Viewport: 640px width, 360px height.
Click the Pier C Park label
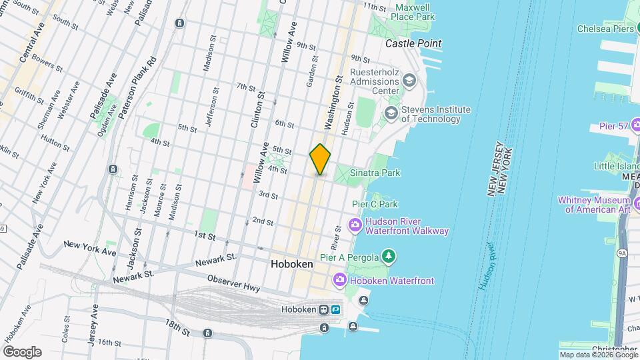click(375, 204)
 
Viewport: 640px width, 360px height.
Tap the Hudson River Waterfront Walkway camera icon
click(355, 225)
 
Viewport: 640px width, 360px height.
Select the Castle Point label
click(413, 43)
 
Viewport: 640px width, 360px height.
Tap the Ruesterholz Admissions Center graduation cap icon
click(409, 81)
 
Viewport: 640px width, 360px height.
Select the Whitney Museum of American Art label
click(597, 205)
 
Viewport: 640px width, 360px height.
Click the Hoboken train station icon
click(323, 309)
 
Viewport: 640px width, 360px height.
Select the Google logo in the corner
click(22, 352)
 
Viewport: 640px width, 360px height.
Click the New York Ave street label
click(90, 249)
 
